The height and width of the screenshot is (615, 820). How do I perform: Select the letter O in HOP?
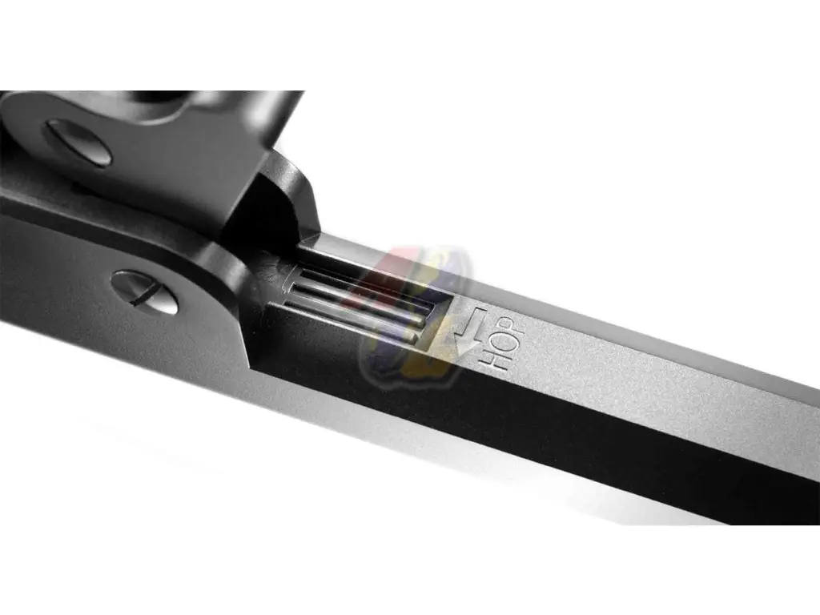click(502, 341)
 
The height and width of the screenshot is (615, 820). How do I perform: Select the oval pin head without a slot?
click(78, 143)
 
